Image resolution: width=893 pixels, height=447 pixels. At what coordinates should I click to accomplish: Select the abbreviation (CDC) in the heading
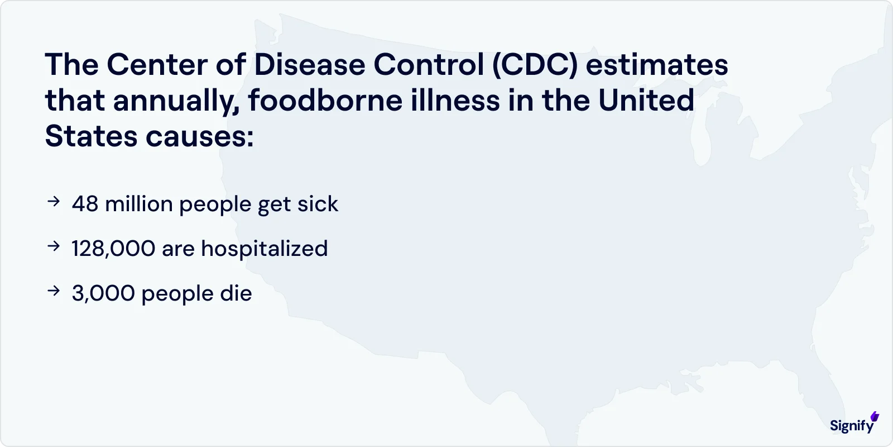534,65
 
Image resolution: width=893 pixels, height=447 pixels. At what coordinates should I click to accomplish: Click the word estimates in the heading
657,65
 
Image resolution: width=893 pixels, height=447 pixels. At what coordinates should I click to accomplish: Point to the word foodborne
325,101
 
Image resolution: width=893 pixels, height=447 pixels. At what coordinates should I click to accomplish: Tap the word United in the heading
646,101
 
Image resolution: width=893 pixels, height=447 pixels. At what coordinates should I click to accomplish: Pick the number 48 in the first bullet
85,204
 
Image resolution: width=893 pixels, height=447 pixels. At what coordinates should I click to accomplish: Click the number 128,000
113,249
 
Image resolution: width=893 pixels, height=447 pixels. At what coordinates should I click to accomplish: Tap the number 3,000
103,293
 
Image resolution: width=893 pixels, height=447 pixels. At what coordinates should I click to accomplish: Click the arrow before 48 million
54,202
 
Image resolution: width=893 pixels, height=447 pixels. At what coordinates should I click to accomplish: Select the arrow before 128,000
54,246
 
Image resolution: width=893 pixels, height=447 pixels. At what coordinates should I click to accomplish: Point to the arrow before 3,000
54,291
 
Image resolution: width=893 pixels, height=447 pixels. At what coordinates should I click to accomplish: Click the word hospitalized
264,249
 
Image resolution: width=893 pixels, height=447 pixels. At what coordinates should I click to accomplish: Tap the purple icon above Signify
875,416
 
